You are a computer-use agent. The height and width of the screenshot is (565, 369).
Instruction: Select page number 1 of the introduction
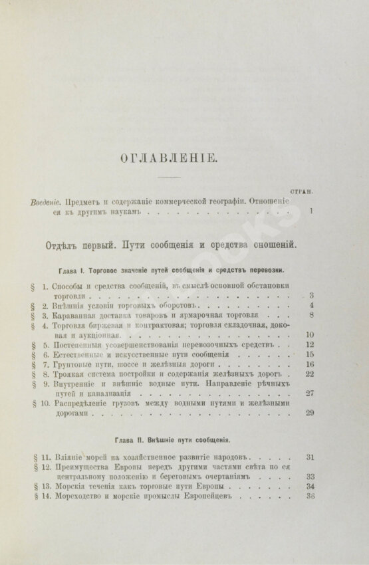pos(311,212)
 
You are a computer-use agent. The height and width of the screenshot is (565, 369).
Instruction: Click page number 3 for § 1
pos(311,294)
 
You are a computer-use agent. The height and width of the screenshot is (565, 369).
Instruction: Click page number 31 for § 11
pos(309,457)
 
